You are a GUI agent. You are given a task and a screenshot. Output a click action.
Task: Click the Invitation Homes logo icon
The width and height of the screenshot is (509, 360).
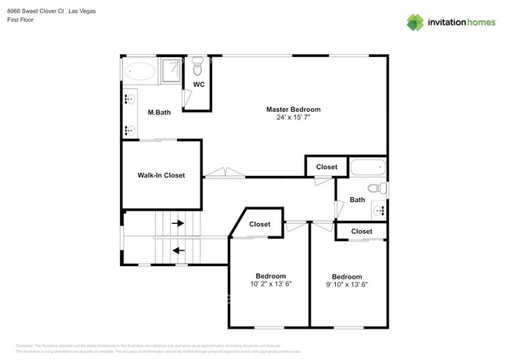[414, 23]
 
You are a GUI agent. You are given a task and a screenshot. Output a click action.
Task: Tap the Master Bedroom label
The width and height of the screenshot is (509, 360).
[293, 110]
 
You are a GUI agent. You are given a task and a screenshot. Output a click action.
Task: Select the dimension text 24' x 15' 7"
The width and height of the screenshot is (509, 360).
[293, 118]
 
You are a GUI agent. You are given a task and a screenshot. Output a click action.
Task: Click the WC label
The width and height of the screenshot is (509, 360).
[199, 85]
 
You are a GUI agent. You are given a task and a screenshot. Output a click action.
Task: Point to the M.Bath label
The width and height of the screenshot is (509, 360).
[159, 113]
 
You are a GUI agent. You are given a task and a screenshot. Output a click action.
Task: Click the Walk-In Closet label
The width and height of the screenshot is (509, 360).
[161, 175]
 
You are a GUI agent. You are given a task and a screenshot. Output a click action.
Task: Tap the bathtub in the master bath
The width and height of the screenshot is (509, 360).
[141, 71]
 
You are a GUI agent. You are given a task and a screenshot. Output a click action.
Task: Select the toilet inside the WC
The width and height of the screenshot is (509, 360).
[197, 63]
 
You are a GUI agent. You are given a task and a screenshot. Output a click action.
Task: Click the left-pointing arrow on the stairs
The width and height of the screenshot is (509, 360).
[178, 251]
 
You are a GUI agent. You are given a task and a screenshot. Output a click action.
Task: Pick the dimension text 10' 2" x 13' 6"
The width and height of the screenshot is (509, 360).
[270, 285]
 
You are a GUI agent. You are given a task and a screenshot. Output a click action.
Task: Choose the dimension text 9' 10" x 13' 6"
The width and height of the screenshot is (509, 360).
[347, 285]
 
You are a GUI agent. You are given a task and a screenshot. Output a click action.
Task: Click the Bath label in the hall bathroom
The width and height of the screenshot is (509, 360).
[357, 200]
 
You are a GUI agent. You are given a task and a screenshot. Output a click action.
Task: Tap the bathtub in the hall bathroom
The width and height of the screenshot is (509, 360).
[368, 167]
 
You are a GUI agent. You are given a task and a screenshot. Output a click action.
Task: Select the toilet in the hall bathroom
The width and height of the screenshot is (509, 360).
[379, 188]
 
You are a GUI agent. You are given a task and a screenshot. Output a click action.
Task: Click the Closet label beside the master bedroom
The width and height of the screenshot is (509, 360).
[327, 167]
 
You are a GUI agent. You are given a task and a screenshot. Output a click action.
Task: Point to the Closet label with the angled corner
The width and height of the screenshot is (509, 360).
[259, 225]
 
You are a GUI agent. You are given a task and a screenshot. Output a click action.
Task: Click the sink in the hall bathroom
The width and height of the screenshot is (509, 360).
[380, 210]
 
